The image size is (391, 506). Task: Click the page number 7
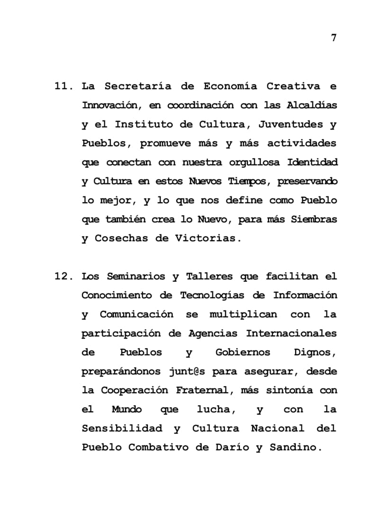click(334, 38)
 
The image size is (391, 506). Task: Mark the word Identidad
click(313, 163)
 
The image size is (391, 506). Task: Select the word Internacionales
click(291, 333)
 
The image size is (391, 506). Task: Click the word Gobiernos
click(243, 352)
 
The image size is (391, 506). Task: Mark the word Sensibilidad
click(122, 428)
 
